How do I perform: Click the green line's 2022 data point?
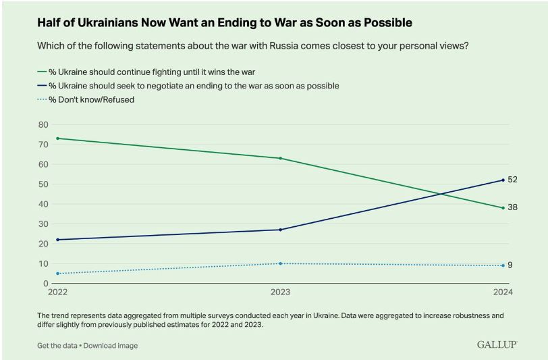57,138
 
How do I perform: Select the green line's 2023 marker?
280,158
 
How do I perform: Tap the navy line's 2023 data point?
280,230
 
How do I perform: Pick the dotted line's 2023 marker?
280,263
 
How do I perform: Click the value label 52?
512,179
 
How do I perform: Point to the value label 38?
512,207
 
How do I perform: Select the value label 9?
510,265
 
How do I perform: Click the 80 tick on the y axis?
43,124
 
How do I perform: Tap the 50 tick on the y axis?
43,184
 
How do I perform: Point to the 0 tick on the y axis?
46,284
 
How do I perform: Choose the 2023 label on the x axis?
280,293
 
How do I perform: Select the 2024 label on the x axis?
502,293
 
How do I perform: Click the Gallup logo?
496,344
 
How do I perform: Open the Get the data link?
57,346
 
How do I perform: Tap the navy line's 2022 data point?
57,240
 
